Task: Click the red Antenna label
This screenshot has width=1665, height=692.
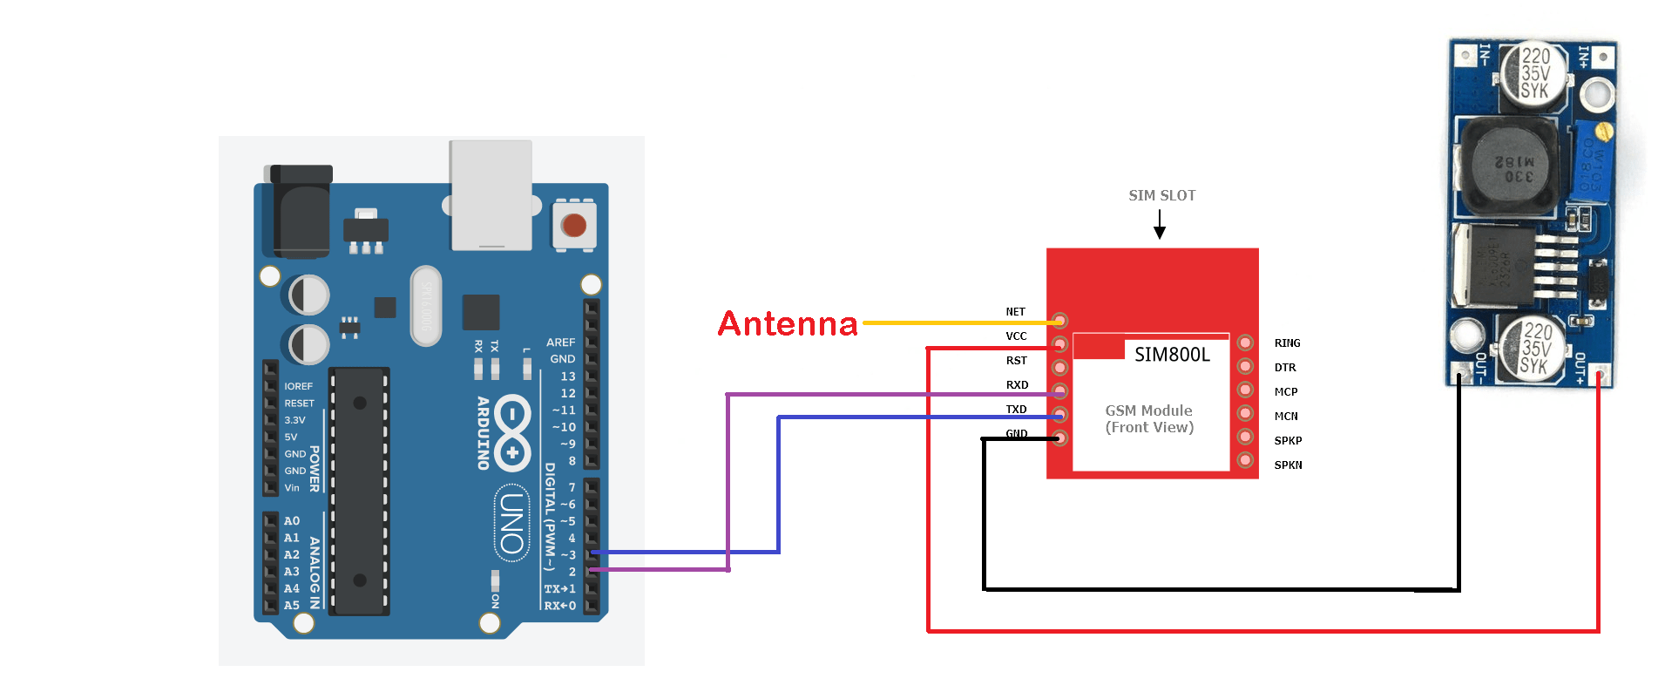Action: pyautogui.click(x=788, y=323)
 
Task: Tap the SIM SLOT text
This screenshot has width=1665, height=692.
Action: pyautogui.click(x=1161, y=195)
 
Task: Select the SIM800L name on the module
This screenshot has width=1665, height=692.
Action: pyautogui.click(x=1172, y=355)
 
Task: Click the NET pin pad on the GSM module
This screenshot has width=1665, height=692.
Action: pyautogui.click(x=1059, y=321)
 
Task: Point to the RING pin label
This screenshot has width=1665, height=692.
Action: pyautogui.click(x=1287, y=343)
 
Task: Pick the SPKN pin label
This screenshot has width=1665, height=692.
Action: pyautogui.click(x=1288, y=465)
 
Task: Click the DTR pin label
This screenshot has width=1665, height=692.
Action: pyautogui.click(x=1285, y=368)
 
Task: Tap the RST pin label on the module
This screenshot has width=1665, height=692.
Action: pyautogui.click(x=1017, y=361)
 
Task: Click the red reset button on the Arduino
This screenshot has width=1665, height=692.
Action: pyautogui.click(x=574, y=226)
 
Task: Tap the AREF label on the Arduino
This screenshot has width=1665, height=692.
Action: pyautogui.click(x=560, y=343)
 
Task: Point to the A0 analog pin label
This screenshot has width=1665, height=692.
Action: pyautogui.click(x=291, y=521)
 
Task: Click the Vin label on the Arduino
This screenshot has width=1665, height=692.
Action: pyautogui.click(x=292, y=488)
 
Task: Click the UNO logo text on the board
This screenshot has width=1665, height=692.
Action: pyautogui.click(x=512, y=523)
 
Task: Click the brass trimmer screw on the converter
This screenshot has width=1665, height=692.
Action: pyautogui.click(x=1603, y=132)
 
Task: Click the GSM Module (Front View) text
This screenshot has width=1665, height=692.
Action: pyautogui.click(x=1149, y=419)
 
